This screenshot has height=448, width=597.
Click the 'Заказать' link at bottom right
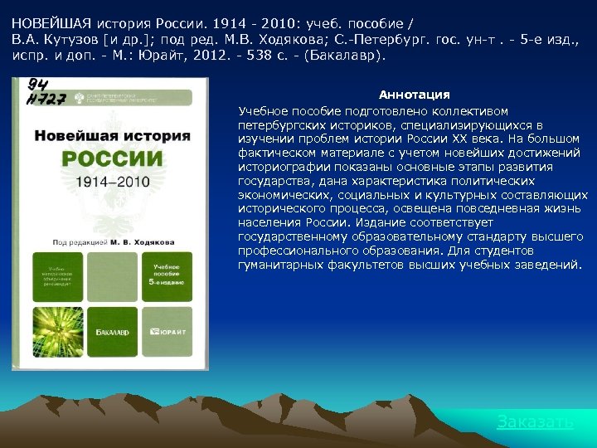coord(535,422)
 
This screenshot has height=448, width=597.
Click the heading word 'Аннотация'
coord(415,95)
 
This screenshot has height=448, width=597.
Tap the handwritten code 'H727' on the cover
coord(46,100)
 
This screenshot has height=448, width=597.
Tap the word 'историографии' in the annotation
coord(279,167)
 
